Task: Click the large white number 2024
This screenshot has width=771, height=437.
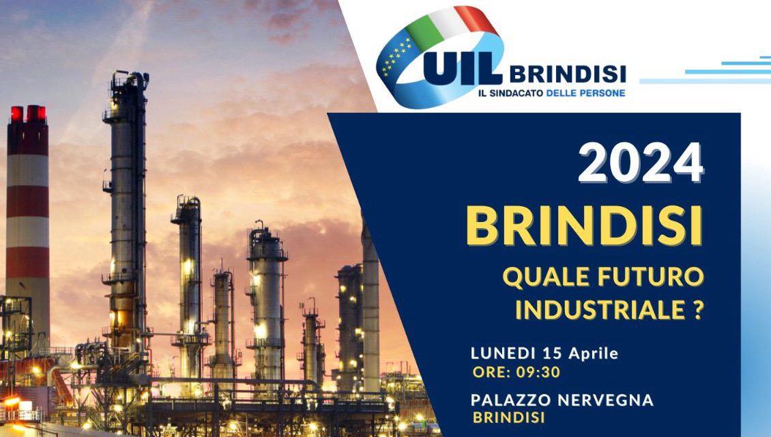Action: point(641,163)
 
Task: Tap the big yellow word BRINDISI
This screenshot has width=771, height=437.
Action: point(585,226)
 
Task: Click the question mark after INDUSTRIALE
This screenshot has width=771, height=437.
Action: point(698,310)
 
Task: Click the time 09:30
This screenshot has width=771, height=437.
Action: point(538,372)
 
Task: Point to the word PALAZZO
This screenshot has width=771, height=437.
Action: point(511,400)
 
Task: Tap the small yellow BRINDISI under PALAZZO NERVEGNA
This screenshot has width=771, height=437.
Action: point(509,418)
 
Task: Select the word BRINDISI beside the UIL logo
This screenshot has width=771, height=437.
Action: point(568,74)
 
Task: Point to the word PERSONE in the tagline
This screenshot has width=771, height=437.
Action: point(605,93)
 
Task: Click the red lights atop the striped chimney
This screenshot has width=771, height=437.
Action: point(28,113)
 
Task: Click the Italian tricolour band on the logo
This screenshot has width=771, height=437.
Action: point(452,22)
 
